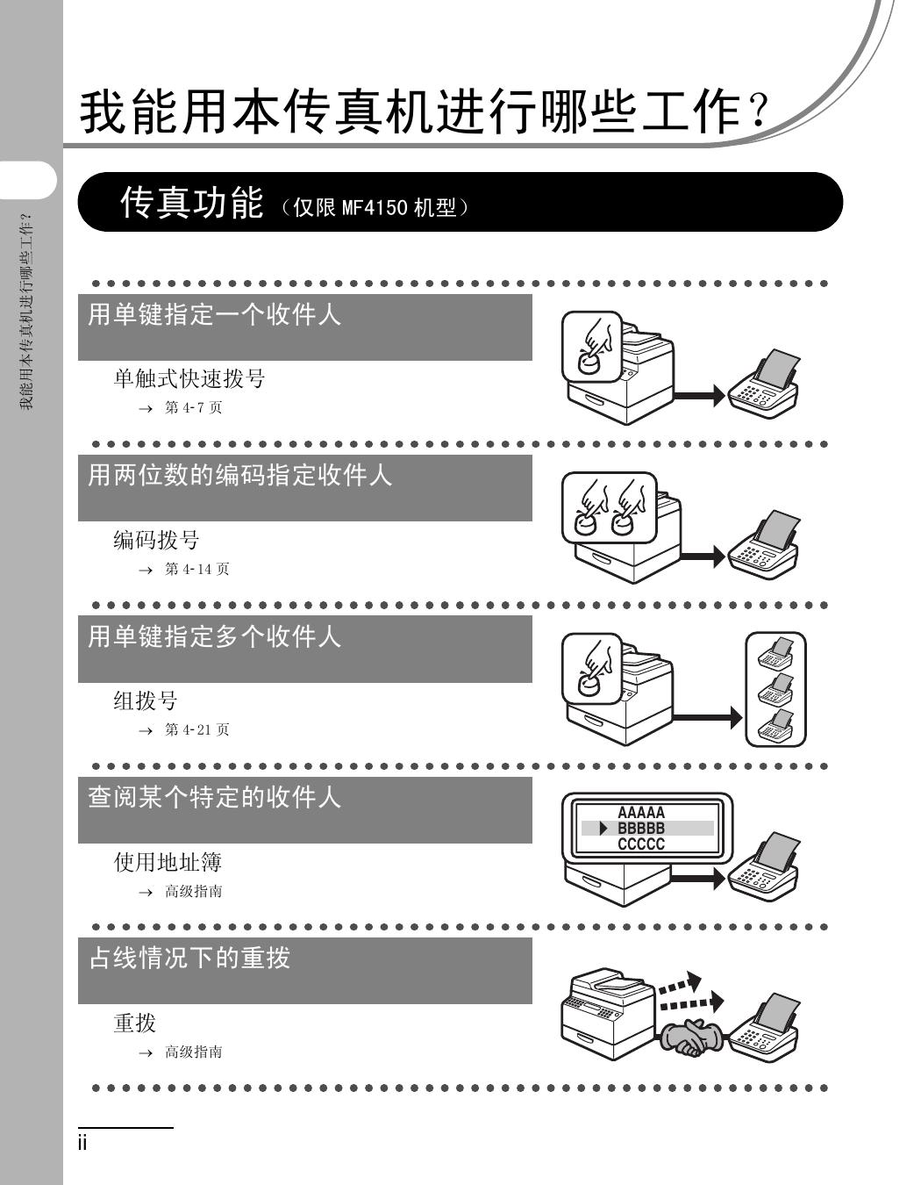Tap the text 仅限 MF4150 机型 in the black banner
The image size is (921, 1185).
click(x=375, y=208)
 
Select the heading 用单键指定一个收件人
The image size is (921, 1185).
click(x=214, y=314)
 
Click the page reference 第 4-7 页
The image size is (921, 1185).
click(x=194, y=407)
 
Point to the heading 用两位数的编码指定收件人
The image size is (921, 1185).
click(x=239, y=475)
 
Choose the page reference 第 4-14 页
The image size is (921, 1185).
click(x=196, y=569)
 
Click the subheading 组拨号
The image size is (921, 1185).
click(x=146, y=700)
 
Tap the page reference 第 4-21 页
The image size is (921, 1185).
click(x=196, y=729)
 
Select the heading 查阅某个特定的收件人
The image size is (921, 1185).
click(x=214, y=797)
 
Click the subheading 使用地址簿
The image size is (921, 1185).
click(x=168, y=862)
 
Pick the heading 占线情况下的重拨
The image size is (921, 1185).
click(x=189, y=958)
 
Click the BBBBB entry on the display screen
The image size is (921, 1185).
click(x=641, y=829)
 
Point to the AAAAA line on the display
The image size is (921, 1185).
click(x=641, y=813)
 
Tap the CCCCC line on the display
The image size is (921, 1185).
click(x=641, y=844)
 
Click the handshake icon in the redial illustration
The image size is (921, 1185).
click(x=692, y=1036)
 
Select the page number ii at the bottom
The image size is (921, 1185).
click(x=82, y=1143)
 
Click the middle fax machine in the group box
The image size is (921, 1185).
click(x=775, y=688)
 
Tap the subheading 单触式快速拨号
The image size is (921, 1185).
click(x=189, y=378)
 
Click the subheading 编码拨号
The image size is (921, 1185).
click(x=156, y=540)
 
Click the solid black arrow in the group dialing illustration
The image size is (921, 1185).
click(x=707, y=718)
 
